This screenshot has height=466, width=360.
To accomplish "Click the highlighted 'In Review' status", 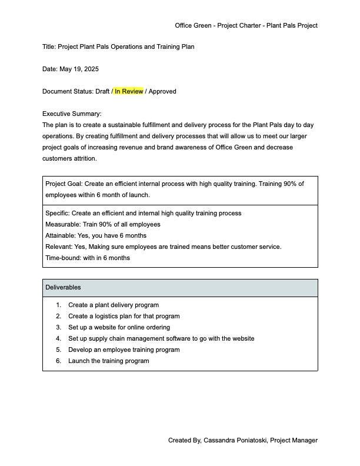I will click(x=129, y=91).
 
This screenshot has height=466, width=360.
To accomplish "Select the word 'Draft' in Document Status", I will click(x=102, y=91).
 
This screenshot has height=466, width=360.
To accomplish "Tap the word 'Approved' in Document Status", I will click(x=163, y=91).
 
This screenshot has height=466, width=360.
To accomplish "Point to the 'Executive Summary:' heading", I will click(x=72, y=114).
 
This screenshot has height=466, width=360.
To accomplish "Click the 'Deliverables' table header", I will click(x=63, y=288).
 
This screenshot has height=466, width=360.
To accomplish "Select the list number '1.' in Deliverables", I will click(x=59, y=305).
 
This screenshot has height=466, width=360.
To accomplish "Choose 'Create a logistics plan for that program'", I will click(x=124, y=316).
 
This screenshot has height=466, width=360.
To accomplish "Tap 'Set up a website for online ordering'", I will click(x=119, y=327).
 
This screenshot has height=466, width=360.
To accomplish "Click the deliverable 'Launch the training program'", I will click(x=108, y=361).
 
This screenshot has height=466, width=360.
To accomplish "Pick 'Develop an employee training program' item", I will click(x=124, y=349).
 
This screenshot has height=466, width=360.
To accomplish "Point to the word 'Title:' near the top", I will click(x=49, y=46).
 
